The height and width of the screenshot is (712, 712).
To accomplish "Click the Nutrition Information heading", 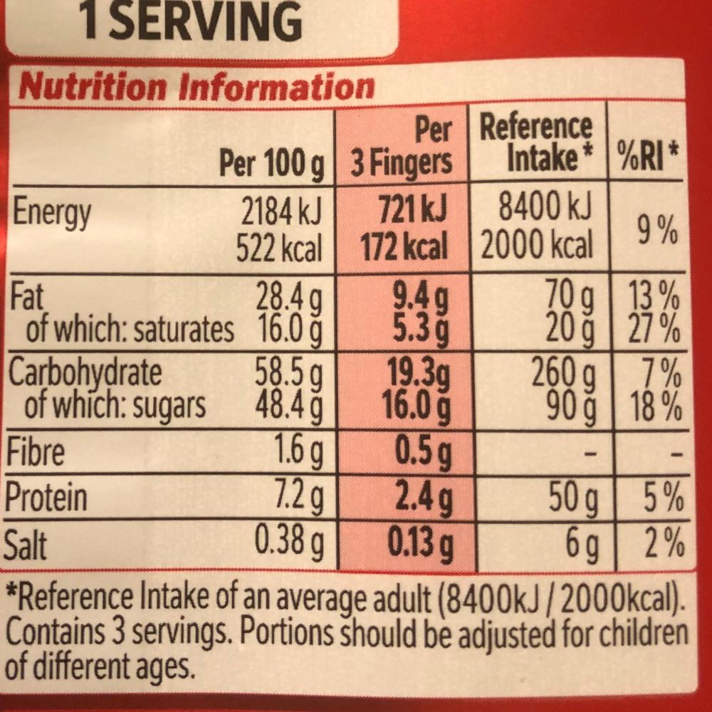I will click(x=197, y=87).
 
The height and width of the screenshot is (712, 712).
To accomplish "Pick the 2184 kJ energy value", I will click(x=281, y=211).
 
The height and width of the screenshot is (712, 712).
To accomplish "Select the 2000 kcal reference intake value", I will click(x=537, y=246).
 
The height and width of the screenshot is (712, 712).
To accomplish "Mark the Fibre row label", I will click(x=36, y=453).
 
